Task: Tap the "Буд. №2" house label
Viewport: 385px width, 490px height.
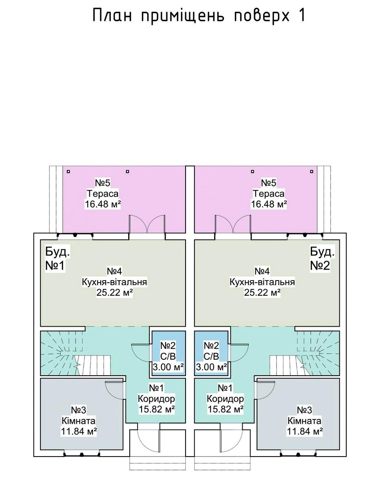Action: point(322,258)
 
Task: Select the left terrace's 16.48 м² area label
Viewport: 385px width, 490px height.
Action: point(103,204)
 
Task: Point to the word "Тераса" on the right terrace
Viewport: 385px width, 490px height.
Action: point(269,193)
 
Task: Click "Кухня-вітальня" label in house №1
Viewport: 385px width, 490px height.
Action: point(115,282)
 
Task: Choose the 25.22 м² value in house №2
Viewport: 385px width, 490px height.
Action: point(262,293)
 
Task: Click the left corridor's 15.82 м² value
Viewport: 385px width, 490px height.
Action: point(157,409)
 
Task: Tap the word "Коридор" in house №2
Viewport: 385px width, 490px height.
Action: point(226,399)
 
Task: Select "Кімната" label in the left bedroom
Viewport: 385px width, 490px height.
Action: point(80,421)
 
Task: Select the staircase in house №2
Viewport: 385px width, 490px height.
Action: point(304,354)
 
